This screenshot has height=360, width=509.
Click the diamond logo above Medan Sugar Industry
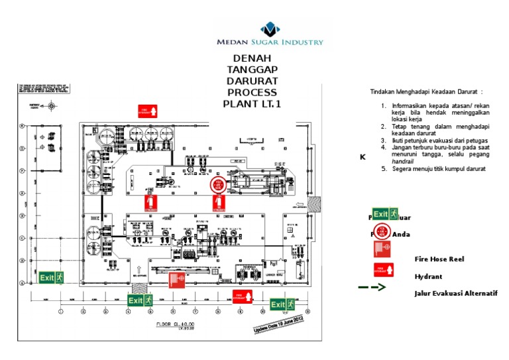270,29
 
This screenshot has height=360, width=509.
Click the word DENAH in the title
252,58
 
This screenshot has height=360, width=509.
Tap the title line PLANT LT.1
252,103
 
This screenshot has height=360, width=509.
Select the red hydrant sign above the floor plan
147,111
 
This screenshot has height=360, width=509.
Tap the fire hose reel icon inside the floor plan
176,280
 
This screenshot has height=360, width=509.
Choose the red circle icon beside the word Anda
383,233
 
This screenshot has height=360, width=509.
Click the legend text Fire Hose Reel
439,259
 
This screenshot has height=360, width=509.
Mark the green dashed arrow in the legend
372,288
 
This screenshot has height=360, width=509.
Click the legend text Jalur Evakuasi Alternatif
455,293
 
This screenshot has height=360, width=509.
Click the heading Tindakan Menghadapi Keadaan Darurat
425,91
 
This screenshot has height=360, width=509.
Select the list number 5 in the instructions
384,169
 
